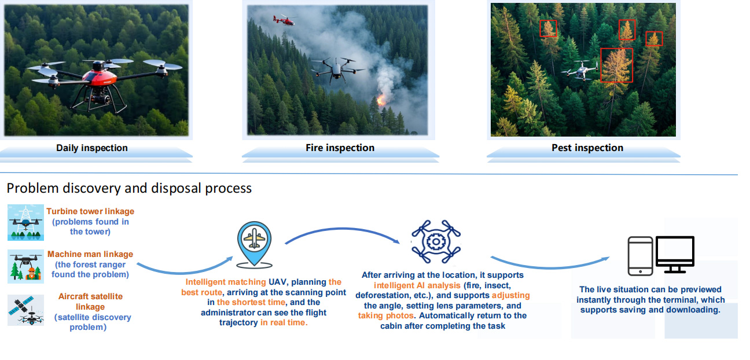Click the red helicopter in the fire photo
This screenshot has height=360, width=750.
point(284,20)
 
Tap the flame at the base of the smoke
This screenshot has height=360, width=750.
point(381,100)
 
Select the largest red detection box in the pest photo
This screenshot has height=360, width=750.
point(616,65)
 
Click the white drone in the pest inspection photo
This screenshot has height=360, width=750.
point(580,69)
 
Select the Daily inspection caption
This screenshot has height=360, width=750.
point(92,148)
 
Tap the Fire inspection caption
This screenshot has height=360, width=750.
point(340,148)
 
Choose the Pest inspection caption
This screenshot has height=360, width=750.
point(587,148)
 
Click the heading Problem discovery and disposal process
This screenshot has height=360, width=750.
point(129,188)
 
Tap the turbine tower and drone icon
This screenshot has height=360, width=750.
point(26,222)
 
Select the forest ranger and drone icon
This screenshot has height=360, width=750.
point(26,266)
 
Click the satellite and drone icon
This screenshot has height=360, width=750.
point(26,310)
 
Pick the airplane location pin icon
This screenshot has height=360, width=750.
point(255,245)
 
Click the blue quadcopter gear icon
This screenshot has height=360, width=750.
point(436,241)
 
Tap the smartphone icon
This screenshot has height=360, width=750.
point(640,256)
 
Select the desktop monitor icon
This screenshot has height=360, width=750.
point(675,255)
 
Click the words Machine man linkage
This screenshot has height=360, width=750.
point(90,254)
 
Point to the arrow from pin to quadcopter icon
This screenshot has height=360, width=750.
point(341,229)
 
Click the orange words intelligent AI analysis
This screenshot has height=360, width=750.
point(417,285)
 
